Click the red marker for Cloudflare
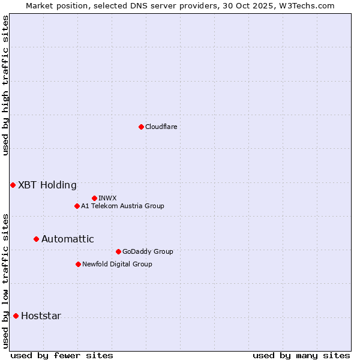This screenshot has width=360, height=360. click(141, 127)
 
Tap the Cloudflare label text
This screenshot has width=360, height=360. click(161, 127)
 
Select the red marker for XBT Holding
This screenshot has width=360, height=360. click(13, 185)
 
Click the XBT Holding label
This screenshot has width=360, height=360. click(47, 185)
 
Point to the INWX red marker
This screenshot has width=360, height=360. click(94, 198)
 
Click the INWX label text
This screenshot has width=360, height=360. click(107, 198)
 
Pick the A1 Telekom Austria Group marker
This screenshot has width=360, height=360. click(77, 206)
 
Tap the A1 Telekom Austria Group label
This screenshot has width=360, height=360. click(122, 206)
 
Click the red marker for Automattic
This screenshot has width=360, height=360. click(36, 239)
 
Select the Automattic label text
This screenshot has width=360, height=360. click(68, 239)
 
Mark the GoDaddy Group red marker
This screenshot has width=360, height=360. click(118, 251)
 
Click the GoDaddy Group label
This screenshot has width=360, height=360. click(148, 251)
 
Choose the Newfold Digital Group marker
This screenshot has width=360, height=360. click(78, 264)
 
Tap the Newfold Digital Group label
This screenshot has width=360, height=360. click(117, 264)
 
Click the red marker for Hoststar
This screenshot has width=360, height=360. click(16, 316)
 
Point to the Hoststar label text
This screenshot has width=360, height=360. click(41, 316)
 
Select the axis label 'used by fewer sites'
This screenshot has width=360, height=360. click(62, 355)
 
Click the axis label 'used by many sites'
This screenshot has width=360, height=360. click(301, 355)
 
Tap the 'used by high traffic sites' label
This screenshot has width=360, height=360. click(5, 85)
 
